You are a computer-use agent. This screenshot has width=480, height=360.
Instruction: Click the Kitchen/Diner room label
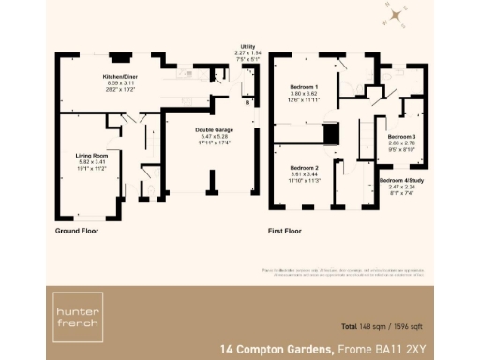tap(120, 77)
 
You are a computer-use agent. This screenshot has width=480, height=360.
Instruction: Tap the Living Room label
tap(92, 154)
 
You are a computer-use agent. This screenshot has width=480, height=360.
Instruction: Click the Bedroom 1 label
tap(306, 86)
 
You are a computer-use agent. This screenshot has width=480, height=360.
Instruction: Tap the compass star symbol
tap(398, 15)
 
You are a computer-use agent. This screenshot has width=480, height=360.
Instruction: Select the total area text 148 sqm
tap(362, 326)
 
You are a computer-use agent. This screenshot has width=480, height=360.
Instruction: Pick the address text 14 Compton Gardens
tap(277, 349)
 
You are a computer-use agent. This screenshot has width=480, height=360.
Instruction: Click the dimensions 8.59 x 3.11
tap(120, 84)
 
